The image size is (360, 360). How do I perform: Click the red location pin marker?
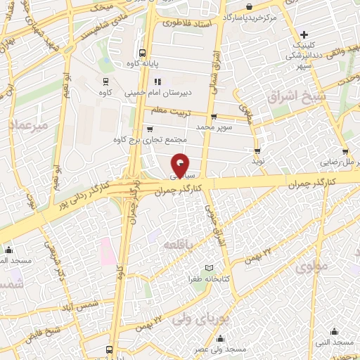pyautogui.click(x=181, y=166)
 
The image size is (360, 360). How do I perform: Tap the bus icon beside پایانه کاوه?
pyautogui.click(x=143, y=53)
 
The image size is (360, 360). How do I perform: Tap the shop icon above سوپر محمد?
pyautogui.click(x=214, y=117)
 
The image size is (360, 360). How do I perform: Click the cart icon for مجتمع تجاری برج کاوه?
pyautogui.click(x=150, y=129)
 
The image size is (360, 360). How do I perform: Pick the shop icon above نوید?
pyautogui.click(x=258, y=150)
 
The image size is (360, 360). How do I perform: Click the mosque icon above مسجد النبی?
pyautogui.click(x=334, y=331)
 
